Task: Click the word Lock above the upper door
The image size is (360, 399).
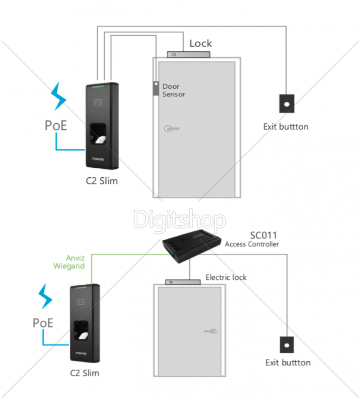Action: (x=201, y=44)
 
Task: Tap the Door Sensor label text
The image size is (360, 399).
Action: (x=174, y=90)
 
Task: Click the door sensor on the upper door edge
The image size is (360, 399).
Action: (x=155, y=88)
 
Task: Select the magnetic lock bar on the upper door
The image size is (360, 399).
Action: (x=189, y=54)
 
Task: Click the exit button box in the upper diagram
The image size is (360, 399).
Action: (x=286, y=103)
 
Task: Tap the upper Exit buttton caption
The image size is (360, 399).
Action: (x=286, y=126)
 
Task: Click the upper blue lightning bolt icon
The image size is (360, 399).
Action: (x=58, y=96)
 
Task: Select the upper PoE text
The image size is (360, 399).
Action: (x=56, y=126)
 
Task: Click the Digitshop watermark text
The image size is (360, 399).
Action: (x=180, y=220)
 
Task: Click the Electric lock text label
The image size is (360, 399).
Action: (x=226, y=277)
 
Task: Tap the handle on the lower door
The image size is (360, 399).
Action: (x=210, y=332)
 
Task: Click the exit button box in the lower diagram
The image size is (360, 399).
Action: (x=286, y=344)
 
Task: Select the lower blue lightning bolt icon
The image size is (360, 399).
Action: (x=45, y=297)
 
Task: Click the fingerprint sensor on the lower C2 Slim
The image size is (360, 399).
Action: (x=82, y=331)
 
